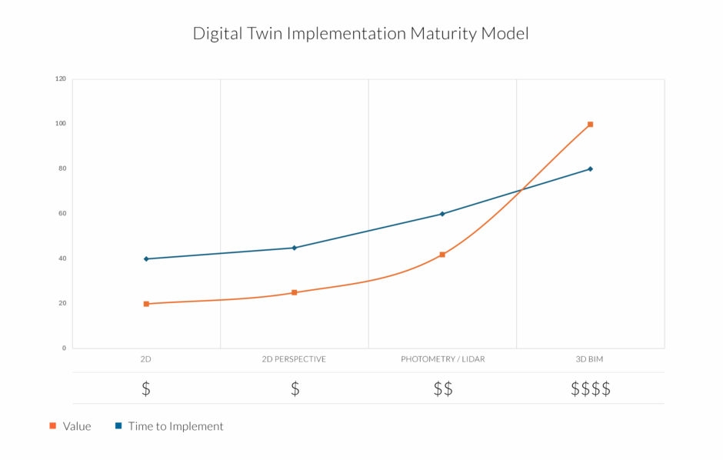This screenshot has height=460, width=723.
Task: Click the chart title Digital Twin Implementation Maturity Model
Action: pyautogui.click(x=361, y=34)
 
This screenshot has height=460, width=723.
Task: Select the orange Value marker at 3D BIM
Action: pyautogui.click(x=590, y=124)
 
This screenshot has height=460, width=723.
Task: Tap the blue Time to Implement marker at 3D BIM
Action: pyautogui.click(x=590, y=169)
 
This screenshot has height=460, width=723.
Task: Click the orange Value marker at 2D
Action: pyautogui.click(x=146, y=304)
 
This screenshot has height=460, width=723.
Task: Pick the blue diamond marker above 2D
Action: pyautogui.click(x=146, y=258)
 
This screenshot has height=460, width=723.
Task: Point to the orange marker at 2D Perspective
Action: pyautogui.click(x=294, y=292)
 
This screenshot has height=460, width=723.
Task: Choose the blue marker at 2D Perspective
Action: pyautogui.click(x=294, y=248)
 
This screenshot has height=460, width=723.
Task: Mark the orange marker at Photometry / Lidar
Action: pyautogui.click(x=442, y=255)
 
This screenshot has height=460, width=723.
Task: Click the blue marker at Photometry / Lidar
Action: pyautogui.click(x=442, y=214)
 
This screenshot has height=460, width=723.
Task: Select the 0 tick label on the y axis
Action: pyautogui.click(x=64, y=348)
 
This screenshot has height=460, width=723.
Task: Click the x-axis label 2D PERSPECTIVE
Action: pyautogui.click(x=294, y=359)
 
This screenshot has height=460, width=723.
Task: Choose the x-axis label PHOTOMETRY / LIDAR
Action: pyautogui.click(x=442, y=359)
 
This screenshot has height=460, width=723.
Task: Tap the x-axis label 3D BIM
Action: pyautogui.click(x=590, y=359)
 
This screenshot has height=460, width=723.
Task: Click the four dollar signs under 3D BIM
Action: pyautogui.click(x=590, y=388)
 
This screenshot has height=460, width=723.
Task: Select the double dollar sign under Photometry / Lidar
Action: pyautogui.click(x=442, y=388)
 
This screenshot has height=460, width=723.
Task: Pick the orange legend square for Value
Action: pyautogui.click(x=52, y=425)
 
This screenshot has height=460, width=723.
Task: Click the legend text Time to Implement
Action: pyautogui.click(x=175, y=426)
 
